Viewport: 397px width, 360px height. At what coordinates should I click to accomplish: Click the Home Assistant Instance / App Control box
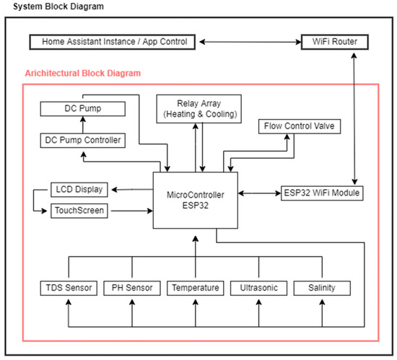115,41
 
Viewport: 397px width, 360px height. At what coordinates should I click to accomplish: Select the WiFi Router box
333,41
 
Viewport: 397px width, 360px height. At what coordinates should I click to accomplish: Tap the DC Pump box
81,109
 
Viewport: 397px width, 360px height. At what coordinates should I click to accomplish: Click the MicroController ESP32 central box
195,200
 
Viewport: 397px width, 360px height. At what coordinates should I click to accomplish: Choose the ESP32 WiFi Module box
320,193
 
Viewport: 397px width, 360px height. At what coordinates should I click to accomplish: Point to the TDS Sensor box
69,288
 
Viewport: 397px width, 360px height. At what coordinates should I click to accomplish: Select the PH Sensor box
131,288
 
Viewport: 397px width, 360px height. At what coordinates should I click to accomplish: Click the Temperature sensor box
195,288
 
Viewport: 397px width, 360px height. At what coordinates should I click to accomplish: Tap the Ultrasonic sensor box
258,288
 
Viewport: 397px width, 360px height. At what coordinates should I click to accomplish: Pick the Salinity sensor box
321,288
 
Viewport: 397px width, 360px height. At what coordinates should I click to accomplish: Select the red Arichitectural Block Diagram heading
82,74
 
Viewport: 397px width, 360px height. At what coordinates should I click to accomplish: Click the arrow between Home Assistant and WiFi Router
247,42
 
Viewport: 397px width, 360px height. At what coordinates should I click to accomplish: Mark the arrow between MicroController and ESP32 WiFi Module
258,193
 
